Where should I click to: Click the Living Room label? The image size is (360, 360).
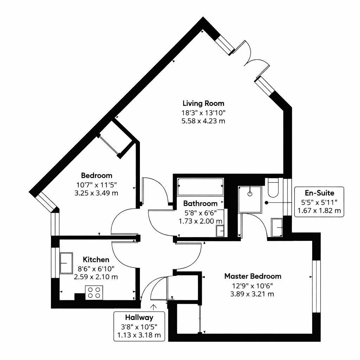(x=204, y=103)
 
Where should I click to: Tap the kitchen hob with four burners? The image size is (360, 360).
(x=94, y=292)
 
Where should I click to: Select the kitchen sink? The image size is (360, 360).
(x=66, y=263)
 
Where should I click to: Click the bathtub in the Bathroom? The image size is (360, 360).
(x=200, y=187)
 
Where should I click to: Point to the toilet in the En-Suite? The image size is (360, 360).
(x=273, y=187)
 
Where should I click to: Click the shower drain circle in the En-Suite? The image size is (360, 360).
(x=250, y=194)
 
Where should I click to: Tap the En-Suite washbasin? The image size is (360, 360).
(x=277, y=227)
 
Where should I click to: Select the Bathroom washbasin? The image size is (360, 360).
(x=220, y=231)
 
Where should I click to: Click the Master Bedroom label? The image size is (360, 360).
(x=253, y=276)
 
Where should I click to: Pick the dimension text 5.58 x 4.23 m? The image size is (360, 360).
(x=204, y=121)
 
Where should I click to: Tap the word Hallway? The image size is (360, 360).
(x=139, y=317)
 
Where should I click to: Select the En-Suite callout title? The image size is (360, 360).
(x=319, y=193)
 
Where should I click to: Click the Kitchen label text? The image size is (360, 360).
(x=96, y=260)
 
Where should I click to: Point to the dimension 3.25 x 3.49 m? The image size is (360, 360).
(x=96, y=193)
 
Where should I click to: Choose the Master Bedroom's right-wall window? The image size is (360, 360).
(x=316, y=286)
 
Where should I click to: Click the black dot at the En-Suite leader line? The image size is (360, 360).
(x=266, y=203)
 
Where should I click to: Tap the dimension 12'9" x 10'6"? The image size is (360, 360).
(x=252, y=286)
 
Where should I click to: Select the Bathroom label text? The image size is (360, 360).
(x=200, y=204)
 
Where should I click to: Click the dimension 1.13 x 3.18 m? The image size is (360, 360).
(x=139, y=335)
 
